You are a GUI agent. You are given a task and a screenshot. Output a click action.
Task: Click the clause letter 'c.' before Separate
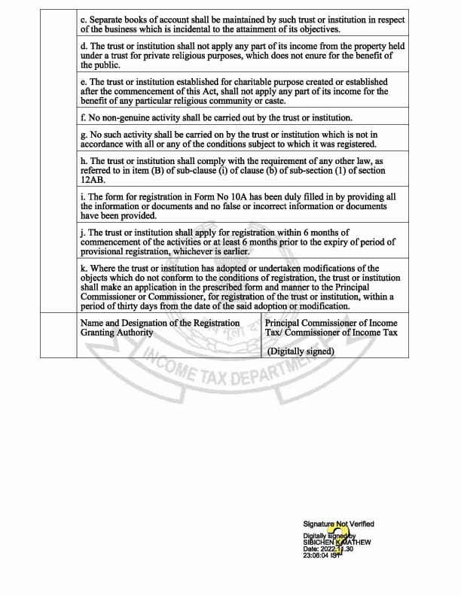coord(84,20)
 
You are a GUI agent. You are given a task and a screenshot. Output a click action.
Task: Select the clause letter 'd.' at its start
coord(84,47)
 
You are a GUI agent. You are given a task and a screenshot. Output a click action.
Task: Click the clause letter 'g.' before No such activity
coord(84,135)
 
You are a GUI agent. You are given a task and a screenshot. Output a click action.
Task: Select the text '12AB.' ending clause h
coord(93,180)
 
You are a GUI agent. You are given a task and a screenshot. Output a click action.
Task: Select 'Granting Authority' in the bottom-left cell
coord(117,332)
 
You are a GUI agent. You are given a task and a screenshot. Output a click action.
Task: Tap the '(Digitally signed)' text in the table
coord(300,351)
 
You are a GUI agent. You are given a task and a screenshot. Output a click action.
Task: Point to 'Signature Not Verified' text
coord(338,524)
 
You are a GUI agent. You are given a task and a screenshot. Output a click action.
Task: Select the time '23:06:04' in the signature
coord(318,555)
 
